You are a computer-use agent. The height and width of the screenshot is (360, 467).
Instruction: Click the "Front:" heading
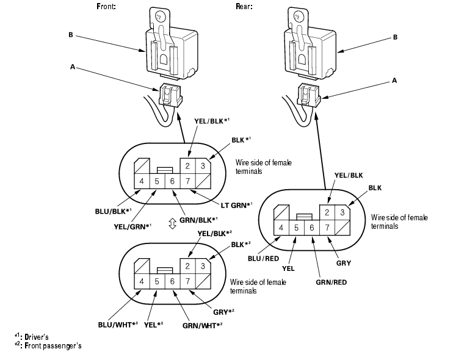pos(106,6)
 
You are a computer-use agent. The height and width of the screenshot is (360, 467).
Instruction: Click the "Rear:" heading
pos(244,6)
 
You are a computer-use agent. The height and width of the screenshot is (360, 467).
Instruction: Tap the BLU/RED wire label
pos(263,259)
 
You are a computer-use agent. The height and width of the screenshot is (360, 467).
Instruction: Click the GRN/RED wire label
pos(331,282)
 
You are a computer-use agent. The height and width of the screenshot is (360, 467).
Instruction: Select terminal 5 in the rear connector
pos(296,228)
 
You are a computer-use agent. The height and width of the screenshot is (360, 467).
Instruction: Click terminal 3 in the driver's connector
pos(203,166)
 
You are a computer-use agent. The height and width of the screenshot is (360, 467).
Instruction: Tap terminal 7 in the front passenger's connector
pos(187,281)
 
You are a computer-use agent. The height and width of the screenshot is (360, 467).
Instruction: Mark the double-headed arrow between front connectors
pos(172,223)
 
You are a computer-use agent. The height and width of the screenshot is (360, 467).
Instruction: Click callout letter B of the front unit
pos(71,35)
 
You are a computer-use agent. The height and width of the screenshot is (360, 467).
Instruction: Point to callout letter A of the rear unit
pos(394,81)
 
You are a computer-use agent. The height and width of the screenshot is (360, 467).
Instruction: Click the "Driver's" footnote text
pos(37,337)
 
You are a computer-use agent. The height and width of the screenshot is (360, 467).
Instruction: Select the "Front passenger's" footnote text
pos(53,346)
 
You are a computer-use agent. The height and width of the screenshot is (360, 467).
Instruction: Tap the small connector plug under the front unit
pos(170,95)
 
